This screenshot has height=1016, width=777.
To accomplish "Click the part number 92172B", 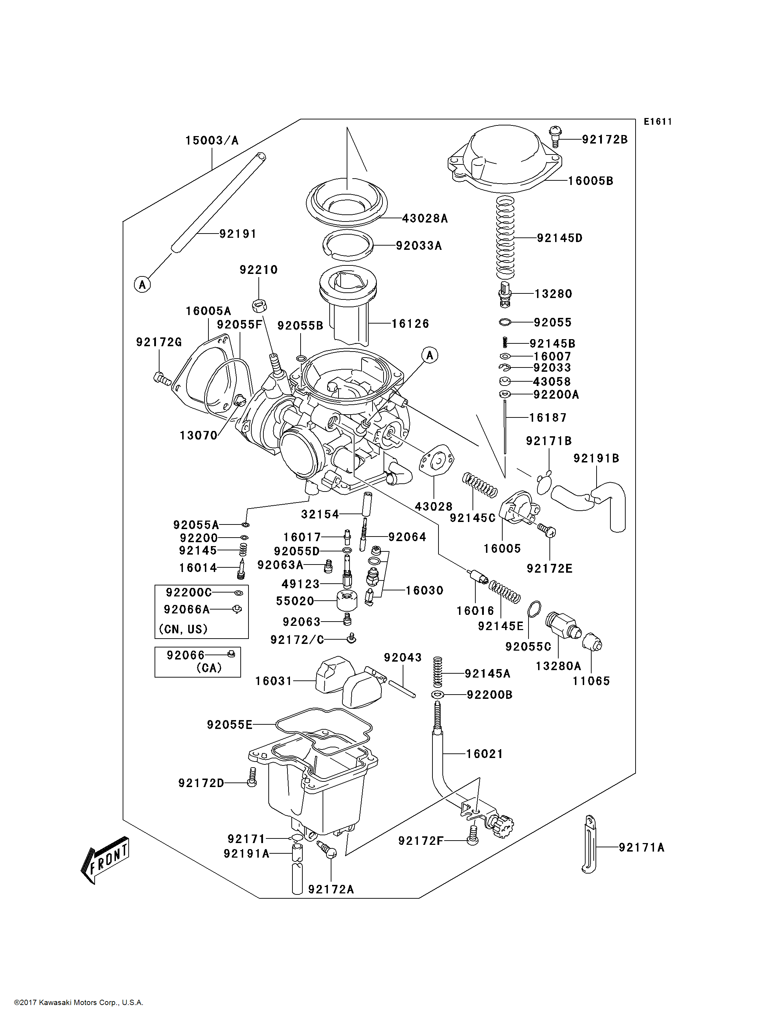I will click(x=604, y=139).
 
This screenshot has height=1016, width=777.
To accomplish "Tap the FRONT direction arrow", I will click(x=105, y=860).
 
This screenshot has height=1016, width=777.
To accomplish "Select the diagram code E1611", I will click(x=658, y=122).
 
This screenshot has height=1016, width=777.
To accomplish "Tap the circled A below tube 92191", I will click(x=142, y=285).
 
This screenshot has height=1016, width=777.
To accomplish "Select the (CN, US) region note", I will click(x=183, y=629).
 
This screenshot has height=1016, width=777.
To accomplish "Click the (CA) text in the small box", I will click(x=209, y=668).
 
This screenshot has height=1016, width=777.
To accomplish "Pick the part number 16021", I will click(x=484, y=754).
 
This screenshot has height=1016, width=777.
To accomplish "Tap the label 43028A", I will click(x=425, y=218).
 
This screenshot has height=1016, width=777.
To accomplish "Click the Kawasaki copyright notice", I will click(x=79, y=1003).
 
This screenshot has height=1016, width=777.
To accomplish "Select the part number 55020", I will click(x=295, y=601).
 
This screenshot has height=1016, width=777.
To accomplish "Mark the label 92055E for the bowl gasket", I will click(x=229, y=725).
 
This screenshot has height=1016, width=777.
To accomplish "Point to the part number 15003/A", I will click(x=212, y=140).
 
